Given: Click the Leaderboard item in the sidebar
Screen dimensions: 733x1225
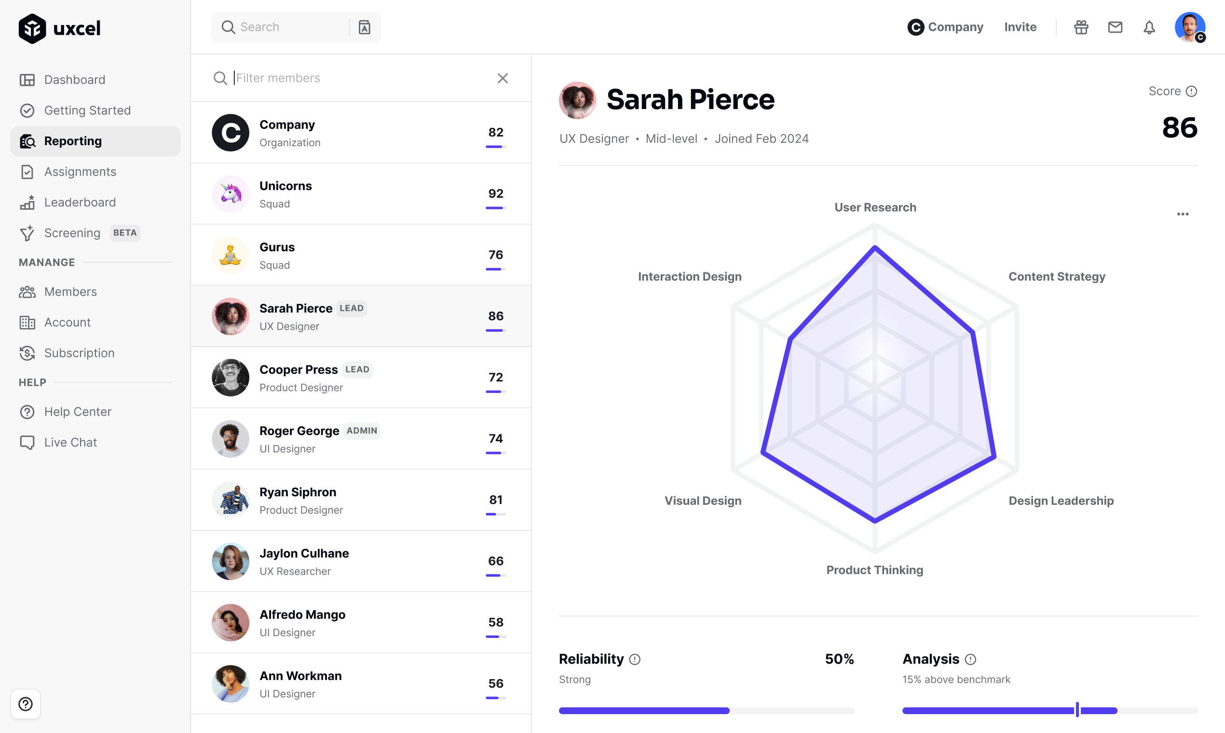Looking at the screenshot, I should click(x=80, y=203).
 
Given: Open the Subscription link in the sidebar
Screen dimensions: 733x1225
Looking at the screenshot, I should click(x=79, y=353).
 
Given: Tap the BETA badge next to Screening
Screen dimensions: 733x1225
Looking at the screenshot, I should click(x=124, y=233).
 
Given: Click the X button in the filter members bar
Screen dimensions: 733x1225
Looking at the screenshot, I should click(x=503, y=78).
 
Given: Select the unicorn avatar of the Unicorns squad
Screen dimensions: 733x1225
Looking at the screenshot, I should click(x=230, y=194).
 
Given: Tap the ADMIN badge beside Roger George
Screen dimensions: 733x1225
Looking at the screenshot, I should click(x=362, y=431).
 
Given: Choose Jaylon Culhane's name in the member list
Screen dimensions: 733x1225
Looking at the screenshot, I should click(x=304, y=553).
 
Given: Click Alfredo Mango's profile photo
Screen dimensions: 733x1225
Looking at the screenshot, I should click(x=230, y=623).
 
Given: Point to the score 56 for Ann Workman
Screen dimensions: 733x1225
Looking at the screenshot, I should click(x=495, y=684).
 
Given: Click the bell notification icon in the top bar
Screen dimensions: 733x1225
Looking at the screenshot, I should click(x=1149, y=27).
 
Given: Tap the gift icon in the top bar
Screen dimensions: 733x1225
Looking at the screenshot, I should click(x=1081, y=27).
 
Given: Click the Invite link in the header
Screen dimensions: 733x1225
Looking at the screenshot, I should click(x=1020, y=27).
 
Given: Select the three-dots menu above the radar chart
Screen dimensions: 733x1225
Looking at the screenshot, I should click(x=1183, y=214).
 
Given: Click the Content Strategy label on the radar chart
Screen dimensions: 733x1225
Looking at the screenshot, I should click(x=1057, y=277).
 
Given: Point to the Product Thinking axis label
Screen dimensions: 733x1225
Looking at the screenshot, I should click(x=874, y=570).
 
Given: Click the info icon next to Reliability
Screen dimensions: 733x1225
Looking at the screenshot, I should click(x=635, y=659).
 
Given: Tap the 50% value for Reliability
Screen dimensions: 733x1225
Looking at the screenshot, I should click(x=839, y=659).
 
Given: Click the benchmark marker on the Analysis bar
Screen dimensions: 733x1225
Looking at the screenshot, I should click(x=1077, y=710).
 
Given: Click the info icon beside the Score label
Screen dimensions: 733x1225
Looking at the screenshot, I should click(x=1191, y=91).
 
